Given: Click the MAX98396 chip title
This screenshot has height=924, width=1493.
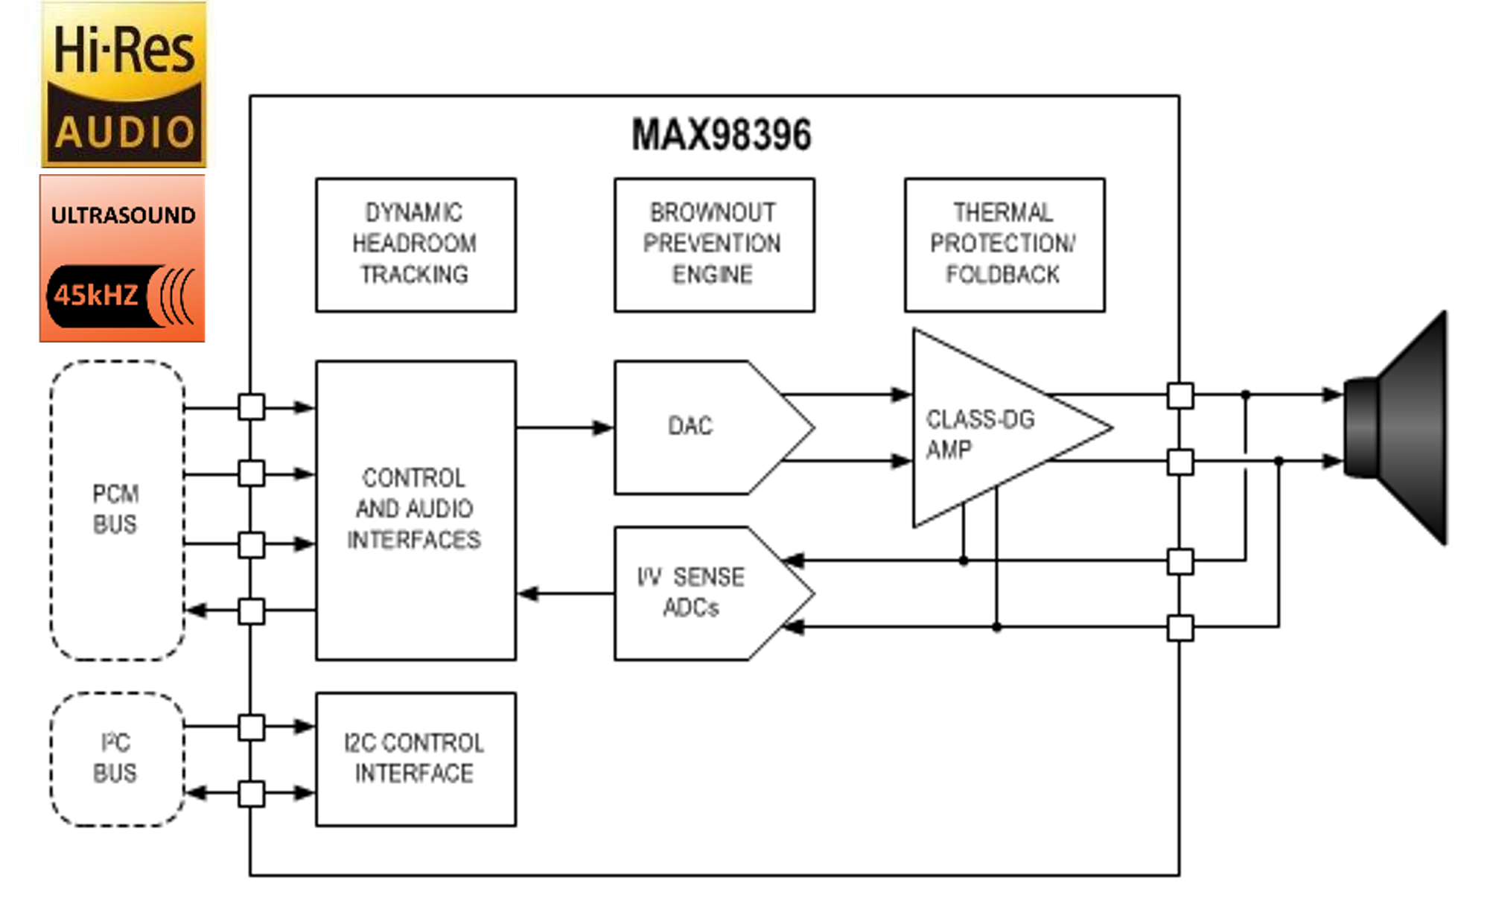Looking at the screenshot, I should click(x=721, y=135).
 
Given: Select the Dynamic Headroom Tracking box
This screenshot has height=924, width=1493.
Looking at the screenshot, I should click(x=416, y=244).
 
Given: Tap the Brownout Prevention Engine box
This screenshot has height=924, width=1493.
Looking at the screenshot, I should click(x=713, y=244).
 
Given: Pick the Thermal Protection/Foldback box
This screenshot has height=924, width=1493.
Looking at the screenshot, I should click(x=1004, y=244).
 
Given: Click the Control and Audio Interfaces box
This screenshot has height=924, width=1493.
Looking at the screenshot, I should click(x=416, y=509).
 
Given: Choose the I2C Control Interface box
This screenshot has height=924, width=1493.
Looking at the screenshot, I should click(x=416, y=758).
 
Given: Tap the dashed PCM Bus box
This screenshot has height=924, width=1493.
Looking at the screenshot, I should click(x=117, y=510).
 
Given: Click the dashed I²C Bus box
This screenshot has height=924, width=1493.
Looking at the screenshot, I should click(x=117, y=759).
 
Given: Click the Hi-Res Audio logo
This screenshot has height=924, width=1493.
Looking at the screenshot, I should click(x=124, y=83).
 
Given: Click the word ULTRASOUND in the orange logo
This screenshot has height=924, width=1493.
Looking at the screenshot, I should click(x=123, y=215).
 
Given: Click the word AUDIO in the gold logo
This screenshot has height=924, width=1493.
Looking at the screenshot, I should click(x=125, y=133).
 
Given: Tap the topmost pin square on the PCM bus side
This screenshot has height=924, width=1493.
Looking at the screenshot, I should click(x=251, y=407).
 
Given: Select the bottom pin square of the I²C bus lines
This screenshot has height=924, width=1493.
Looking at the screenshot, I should click(x=251, y=793).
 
